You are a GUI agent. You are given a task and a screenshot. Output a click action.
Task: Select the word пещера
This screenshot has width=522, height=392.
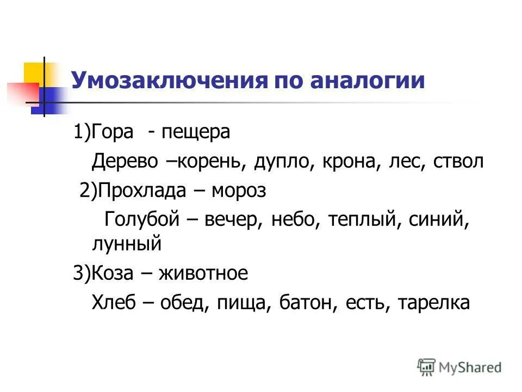click(x=196, y=132)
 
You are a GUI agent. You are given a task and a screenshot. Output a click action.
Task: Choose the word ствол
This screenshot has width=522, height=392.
click(x=458, y=162)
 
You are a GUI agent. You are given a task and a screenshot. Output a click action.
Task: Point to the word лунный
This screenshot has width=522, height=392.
click(x=127, y=243)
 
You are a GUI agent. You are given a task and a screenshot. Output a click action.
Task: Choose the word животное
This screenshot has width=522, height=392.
click(x=203, y=273)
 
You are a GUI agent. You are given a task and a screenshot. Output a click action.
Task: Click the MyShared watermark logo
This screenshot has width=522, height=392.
click(x=459, y=367)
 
